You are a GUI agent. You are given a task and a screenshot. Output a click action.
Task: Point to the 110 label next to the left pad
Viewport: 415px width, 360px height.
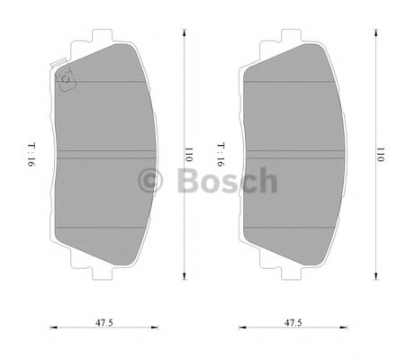(x=190, y=154)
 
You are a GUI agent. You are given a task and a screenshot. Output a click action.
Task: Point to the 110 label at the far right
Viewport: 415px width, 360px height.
(x=382, y=154)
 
